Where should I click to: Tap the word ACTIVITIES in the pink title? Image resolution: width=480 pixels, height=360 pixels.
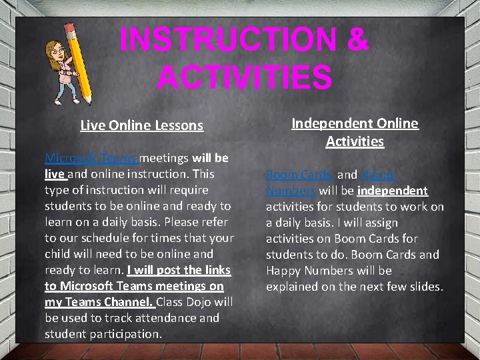[244, 77]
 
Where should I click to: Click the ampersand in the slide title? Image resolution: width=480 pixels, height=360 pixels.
[357, 40]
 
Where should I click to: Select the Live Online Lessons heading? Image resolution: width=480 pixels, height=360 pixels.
[141, 125]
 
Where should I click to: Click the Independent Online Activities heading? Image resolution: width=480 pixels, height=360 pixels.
[355, 132]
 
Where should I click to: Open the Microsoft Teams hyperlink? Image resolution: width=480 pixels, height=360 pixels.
[91, 158]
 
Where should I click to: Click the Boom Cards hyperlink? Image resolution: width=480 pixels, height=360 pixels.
[299, 175]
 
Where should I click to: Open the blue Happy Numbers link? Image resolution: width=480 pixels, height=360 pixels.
[377, 175]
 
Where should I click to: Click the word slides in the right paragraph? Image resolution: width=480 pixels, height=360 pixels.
[426, 287]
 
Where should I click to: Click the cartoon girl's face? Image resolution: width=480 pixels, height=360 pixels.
[57, 52]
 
